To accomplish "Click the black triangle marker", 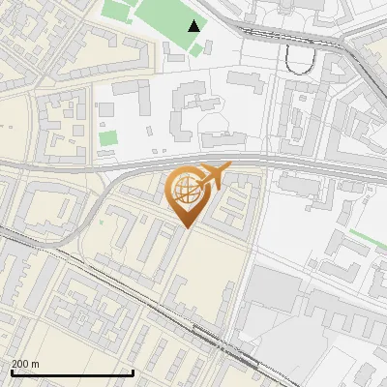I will click(195, 26).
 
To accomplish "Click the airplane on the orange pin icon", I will click(212, 177).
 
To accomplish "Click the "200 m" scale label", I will click(25, 364).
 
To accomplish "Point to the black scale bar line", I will click(72, 372).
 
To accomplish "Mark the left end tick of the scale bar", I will click(11, 371).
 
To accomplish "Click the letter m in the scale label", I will click(35, 364).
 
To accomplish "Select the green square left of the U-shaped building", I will click(107, 137).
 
